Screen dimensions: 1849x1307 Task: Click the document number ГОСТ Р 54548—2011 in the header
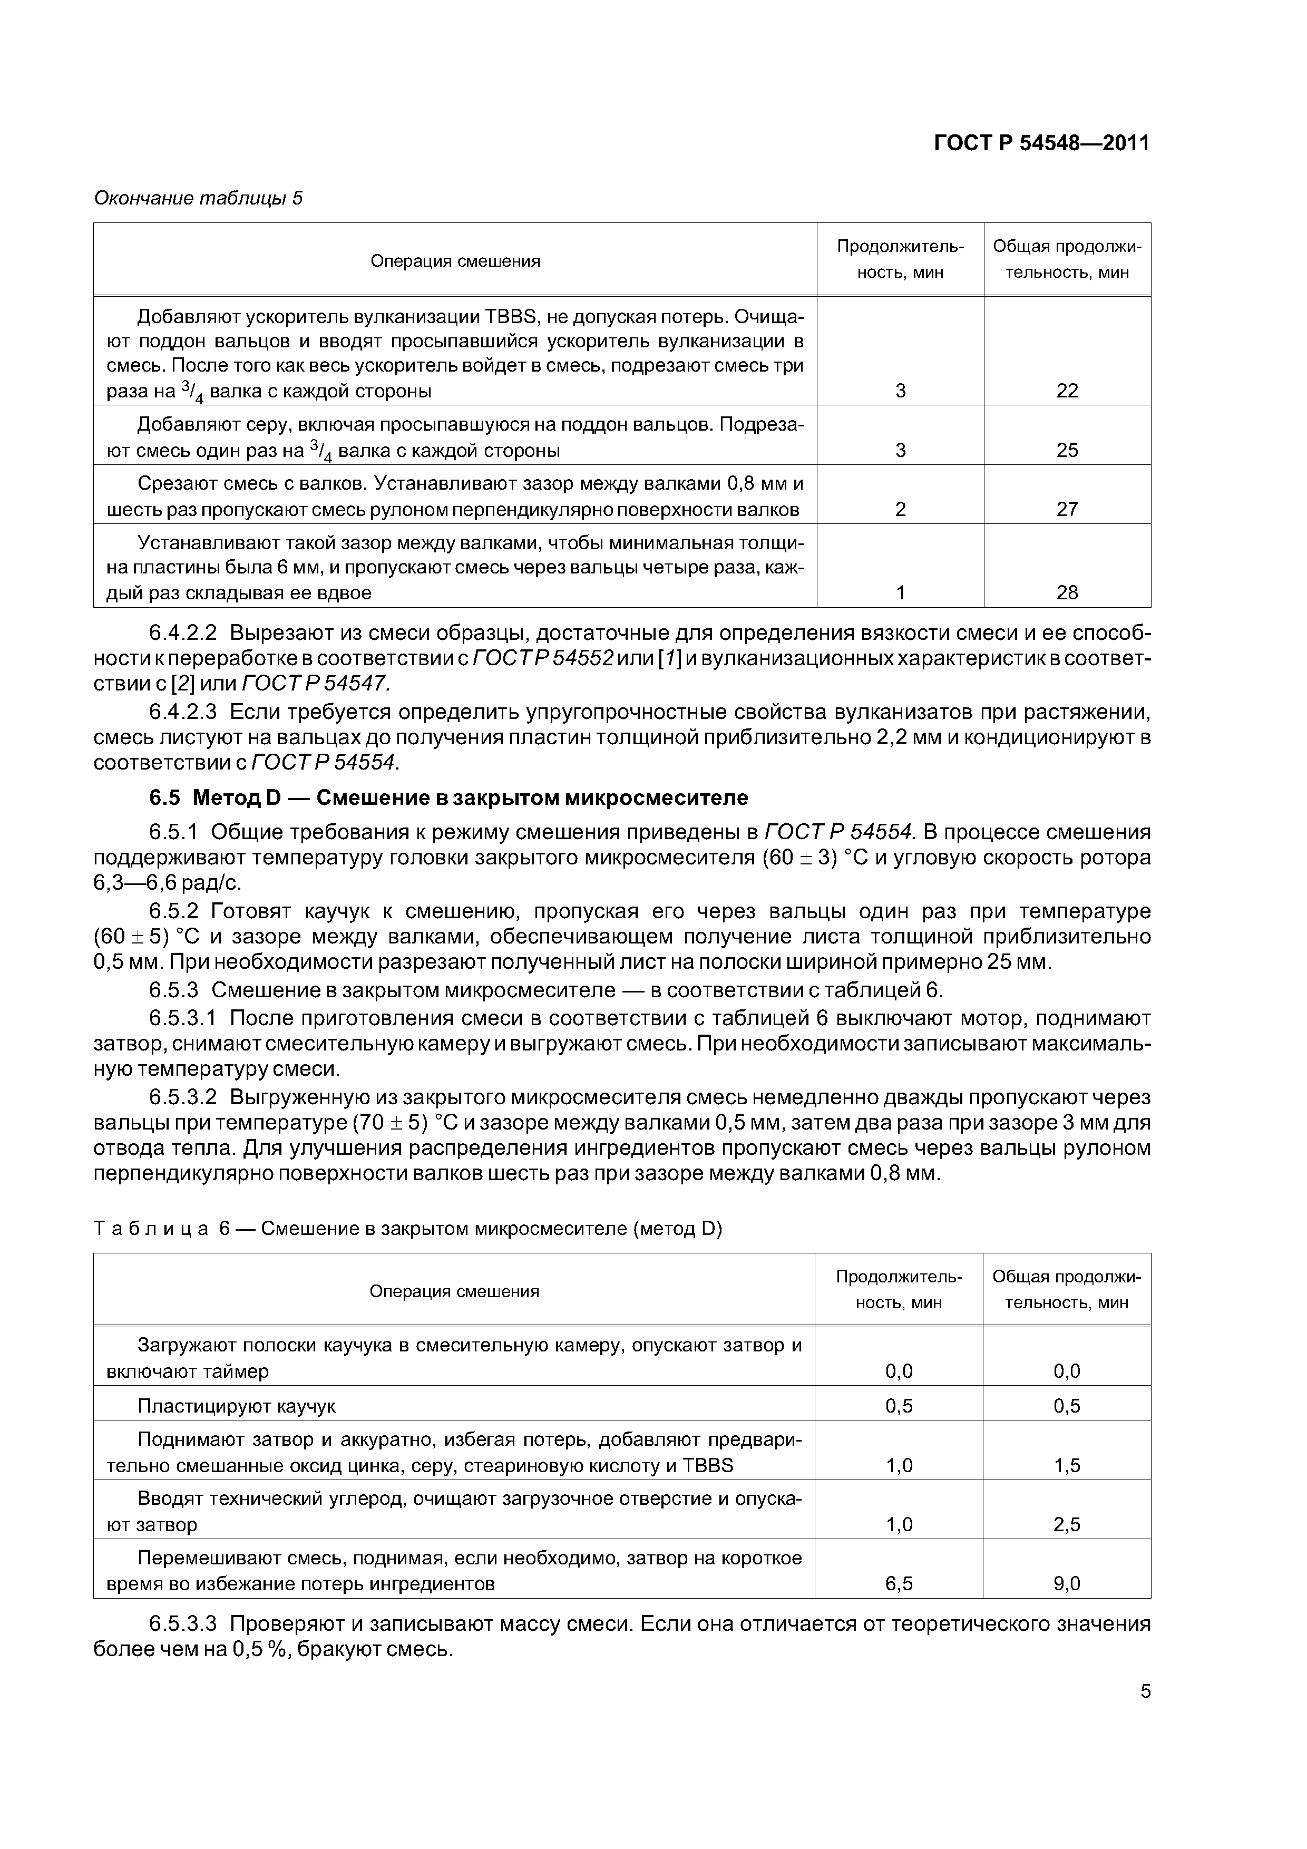tap(1041, 143)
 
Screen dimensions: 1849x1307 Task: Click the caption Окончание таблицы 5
tap(198, 198)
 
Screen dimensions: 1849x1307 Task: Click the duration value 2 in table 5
tap(900, 509)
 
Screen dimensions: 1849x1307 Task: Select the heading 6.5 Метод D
tap(448, 797)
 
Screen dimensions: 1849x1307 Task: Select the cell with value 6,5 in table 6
tap(898, 1584)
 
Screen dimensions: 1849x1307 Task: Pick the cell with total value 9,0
tap(1066, 1584)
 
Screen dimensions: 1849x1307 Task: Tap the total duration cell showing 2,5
tap(1066, 1524)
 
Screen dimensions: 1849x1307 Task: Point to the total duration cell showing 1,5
tap(1066, 1466)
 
